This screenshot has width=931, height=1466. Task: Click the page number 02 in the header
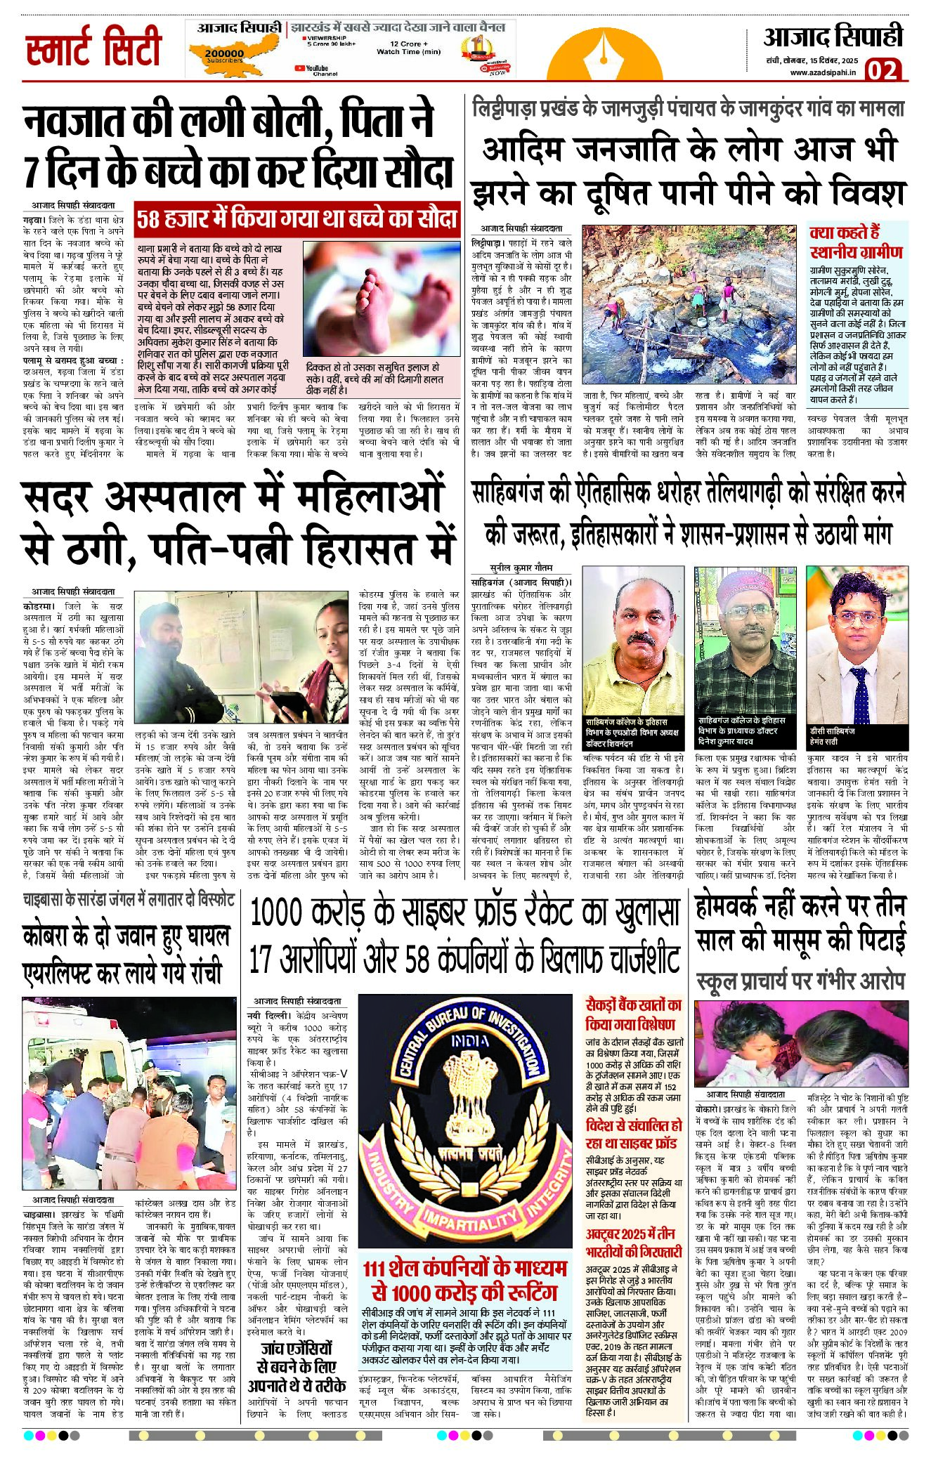pyautogui.click(x=883, y=70)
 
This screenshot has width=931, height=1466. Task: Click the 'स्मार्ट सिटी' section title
pyautogui.click(x=93, y=47)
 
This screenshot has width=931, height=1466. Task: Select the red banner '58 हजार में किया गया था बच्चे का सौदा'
pyautogui.click(x=297, y=218)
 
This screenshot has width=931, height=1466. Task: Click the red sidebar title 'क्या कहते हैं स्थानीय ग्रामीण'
pyautogui.click(x=856, y=242)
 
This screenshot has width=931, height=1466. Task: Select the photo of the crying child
pyautogui.click(x=801, y=1043)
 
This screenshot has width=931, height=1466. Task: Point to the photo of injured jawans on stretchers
pyautogui.click(x=129, y=1093)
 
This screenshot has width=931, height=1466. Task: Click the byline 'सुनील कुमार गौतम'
pyautogui.click(x=521, y=567)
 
